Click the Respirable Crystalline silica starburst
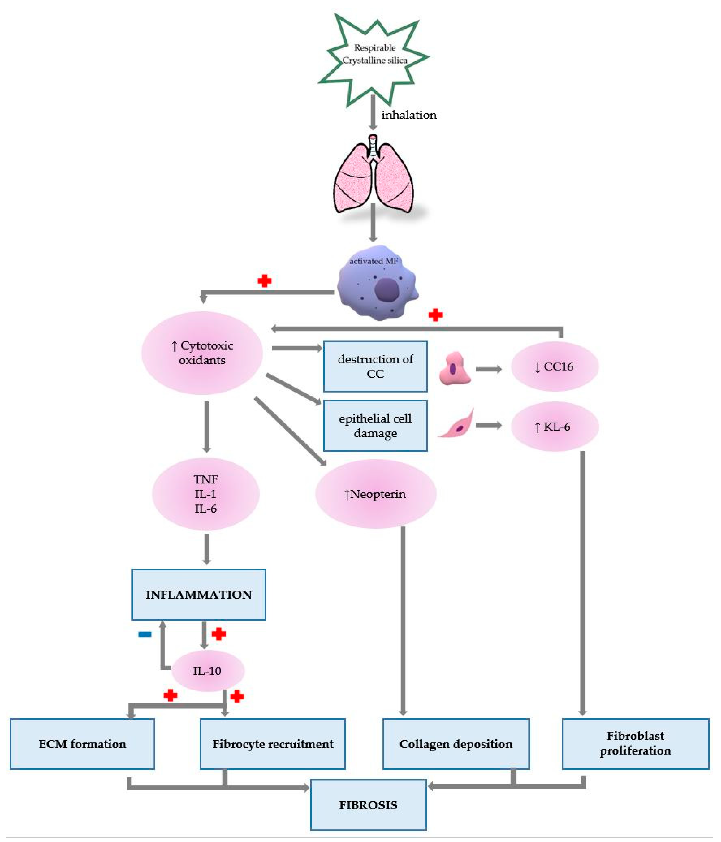pos(374,57)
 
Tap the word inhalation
pos(408,115)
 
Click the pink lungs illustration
pos(373,177)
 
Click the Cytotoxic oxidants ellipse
pos(202,353)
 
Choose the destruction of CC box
pos(375,366)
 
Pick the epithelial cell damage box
pos(375,425)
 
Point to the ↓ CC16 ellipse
pos(554,366)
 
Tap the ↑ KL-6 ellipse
pos(554,426)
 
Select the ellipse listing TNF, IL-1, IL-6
pos(206,494)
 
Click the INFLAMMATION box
pos(199,594)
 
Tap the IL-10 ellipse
pos(208,671)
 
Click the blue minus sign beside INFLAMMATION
pos(145,634)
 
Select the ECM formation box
pos(82,744)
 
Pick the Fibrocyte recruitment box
pos(273,744)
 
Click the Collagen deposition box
pos(456,744)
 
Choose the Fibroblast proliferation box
pos(635,744)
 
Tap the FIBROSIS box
pos(368,805)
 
